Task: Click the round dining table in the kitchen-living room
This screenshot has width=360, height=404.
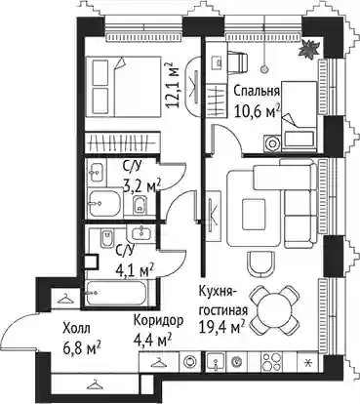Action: pyautogui.click(x=274, y=310)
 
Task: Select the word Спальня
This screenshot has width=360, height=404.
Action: pyautogui.click(x=257, y=92)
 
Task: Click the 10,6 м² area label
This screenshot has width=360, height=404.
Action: pyautogui.click(x=257, y=111)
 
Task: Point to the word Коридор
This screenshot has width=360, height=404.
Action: pyautogui.click(x=158, y=321)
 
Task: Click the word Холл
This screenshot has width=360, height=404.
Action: pyautogui.click(x=76, y=329)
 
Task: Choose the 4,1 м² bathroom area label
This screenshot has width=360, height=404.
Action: pyautogui.click(x=136, y=270)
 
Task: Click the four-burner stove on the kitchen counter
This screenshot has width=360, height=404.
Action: pyautogui.click(x=271, y=360)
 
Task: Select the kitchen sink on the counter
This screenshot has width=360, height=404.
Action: pyautogui.click(x=216, y=361)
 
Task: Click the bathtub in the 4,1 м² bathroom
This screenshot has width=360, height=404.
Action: pyautogui.click(x=116, y=293)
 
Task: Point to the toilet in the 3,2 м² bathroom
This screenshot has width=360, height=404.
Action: pyautogui.click(x=140, y=205)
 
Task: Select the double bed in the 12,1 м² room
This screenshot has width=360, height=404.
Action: pyautogui.click(x=124, y=86)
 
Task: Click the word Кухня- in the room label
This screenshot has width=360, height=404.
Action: pyautogui.click(x=217, y=292)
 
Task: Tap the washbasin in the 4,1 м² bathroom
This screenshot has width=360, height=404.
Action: pyautogui.click(x=140, y=232)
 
